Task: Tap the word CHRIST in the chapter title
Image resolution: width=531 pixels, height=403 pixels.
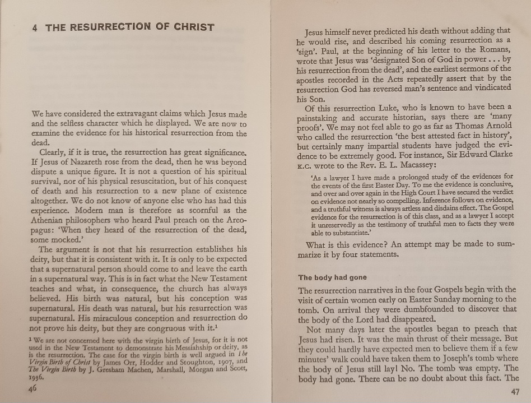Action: point(190,26)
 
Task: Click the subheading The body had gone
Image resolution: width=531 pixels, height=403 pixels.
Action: point(332,277)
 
